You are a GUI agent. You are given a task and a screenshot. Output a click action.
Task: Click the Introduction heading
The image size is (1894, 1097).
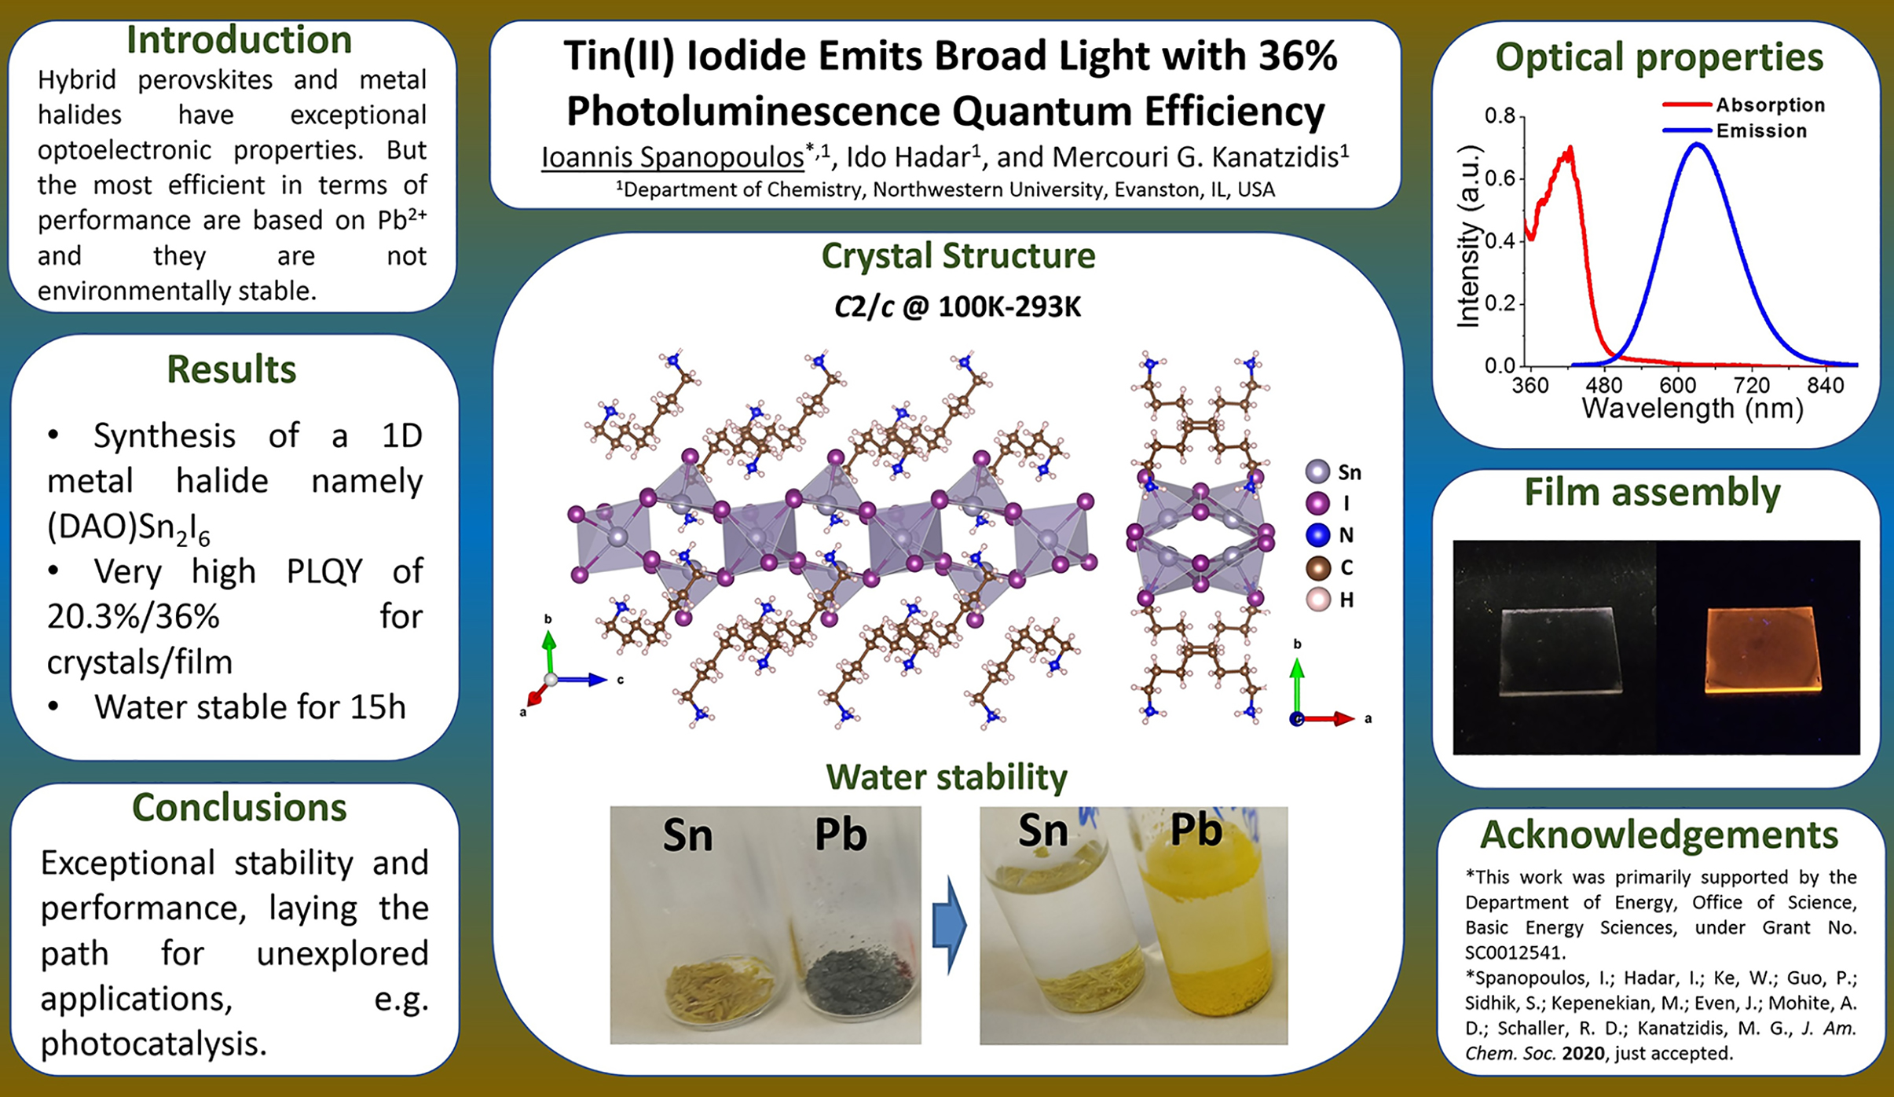pos(239,40)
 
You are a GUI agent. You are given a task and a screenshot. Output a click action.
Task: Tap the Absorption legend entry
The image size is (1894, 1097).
pos(1743,105)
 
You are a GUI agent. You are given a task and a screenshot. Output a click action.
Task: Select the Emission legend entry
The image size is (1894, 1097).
pos(1735,130)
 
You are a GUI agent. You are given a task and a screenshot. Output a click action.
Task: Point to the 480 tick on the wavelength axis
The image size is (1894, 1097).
pos(1603,385)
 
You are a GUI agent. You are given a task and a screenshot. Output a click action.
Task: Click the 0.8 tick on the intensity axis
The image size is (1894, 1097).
pos(1500,116)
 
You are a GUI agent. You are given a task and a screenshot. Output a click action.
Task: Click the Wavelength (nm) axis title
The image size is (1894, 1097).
pos(1692,409)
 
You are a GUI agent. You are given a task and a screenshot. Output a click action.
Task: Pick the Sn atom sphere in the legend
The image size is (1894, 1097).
pos(1317,471)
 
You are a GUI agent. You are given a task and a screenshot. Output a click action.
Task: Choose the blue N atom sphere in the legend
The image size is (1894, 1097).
pos(1317,535)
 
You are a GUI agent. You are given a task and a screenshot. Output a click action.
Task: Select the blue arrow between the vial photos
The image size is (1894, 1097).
pos(949,925)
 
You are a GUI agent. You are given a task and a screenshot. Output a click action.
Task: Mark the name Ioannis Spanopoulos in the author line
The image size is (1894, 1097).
pos(672,157)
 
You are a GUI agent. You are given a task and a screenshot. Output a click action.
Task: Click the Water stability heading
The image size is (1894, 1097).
pos(947,776)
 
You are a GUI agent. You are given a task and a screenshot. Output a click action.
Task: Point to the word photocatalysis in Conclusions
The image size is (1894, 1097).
pos(153,1044)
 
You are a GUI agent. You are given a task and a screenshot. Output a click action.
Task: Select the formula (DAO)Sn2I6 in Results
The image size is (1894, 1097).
pos(129,528)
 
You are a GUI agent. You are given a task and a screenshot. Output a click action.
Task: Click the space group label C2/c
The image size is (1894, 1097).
pos(864,306)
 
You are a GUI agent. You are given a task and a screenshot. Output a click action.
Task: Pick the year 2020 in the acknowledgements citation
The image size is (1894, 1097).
pos(1584,1053)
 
